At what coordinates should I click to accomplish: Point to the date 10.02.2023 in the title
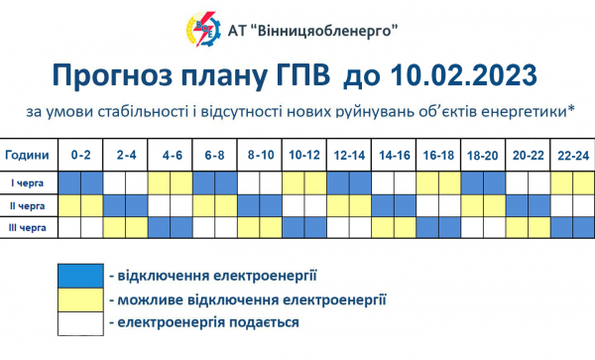[465, 75]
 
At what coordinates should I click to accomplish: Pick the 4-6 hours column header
[171, 157]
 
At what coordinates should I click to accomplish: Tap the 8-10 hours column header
[260, 157]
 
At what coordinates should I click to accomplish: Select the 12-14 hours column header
[349, 157]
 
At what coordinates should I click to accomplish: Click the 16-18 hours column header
[437, 157]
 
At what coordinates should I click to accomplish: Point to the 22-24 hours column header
[572, 157]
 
